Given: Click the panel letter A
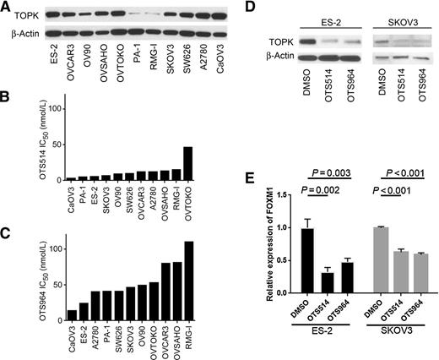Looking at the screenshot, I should tap(6, 7).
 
